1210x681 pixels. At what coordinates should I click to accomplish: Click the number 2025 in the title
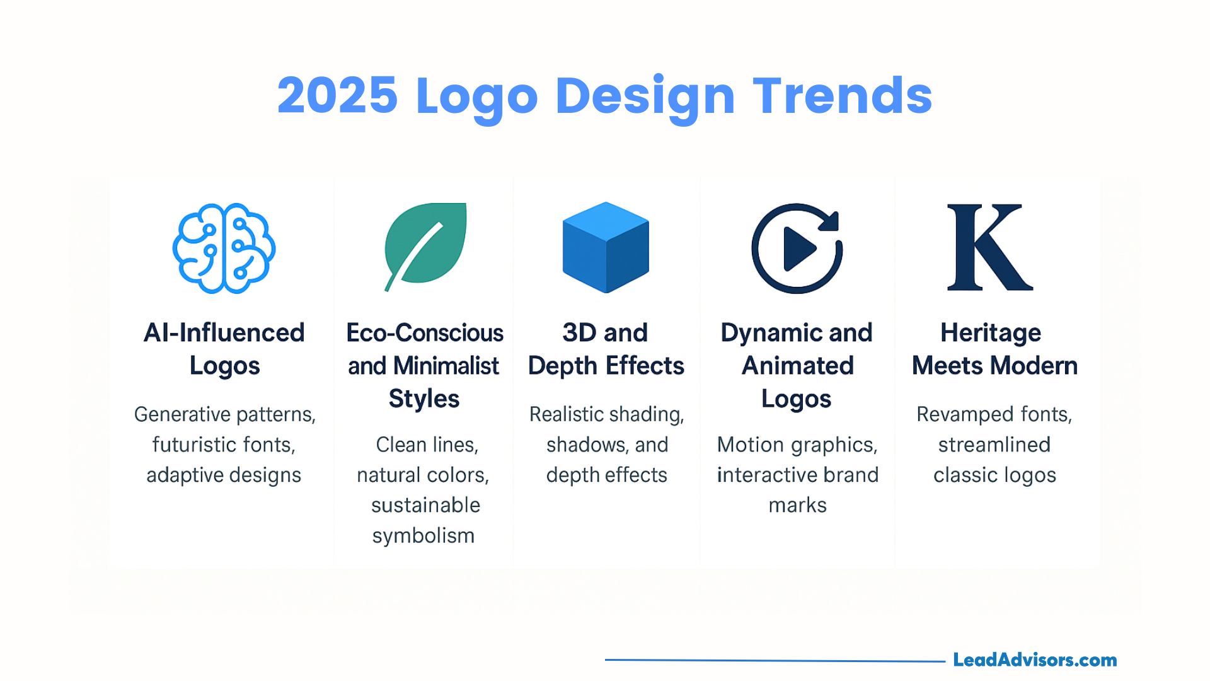tap(337, 96)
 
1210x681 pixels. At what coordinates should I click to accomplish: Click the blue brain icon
tap(224, 248)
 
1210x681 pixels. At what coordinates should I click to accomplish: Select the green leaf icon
tap(425, 247)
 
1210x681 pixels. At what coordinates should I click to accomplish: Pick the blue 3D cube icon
tap(606, 247)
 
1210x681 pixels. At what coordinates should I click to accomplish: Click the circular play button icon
tap(797, 248)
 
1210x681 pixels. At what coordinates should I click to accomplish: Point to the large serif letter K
tap(990, 247)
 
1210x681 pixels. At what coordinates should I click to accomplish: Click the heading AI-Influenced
tap(224, 333)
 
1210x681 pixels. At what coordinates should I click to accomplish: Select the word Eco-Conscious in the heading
tap(425, 333)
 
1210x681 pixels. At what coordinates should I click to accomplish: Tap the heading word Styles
tap(424, 399)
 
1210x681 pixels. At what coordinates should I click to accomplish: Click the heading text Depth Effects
tap(606, 366)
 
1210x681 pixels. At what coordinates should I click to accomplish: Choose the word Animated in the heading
tap(798, 366)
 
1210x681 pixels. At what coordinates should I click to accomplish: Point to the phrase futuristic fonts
tap(224, 445)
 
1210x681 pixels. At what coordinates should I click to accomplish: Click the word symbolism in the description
tap(423, 536)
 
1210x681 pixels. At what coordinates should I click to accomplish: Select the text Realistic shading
tap(607, 414)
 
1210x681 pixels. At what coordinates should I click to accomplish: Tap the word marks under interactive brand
tap(797, 505)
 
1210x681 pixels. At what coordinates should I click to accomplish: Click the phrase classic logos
tap(994, 475)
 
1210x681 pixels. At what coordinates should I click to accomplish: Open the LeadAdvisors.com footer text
tap(1035, 660)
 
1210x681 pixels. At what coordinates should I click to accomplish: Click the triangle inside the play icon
tap(798, 248)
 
